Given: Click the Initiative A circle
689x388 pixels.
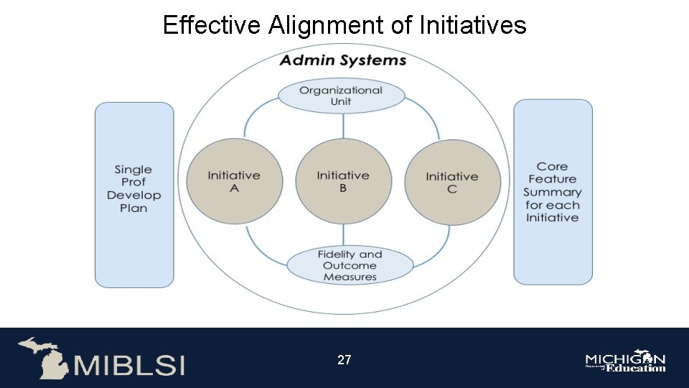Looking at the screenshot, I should pos(234,182).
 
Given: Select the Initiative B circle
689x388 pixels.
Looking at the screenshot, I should pos(343,182).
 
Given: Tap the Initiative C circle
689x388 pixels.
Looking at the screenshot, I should pos(452,182).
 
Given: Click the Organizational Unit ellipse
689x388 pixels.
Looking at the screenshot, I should pos(341,96).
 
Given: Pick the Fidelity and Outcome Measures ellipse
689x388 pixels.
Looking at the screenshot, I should pos(350,265).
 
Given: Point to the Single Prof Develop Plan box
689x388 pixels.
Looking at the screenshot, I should pos(134,194).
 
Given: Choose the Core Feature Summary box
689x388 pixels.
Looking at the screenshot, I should pos(553,192).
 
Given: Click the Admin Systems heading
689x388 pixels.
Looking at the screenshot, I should pos(343,60).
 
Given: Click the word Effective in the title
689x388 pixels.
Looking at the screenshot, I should pos(212,26).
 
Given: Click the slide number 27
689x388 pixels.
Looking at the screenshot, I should pos(344,359).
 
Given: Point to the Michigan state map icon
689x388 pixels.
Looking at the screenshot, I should pos(42,357).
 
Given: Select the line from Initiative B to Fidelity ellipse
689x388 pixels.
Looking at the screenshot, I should pos(343,236).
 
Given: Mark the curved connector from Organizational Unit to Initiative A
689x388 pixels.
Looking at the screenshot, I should pos(251,115).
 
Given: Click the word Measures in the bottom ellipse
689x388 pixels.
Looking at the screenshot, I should pos(350,277).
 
